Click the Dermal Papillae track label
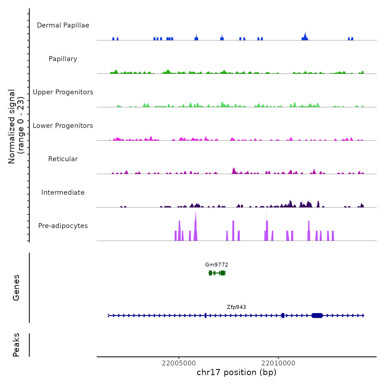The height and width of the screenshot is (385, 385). (63, 25)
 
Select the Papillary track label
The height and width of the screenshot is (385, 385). (63, 59)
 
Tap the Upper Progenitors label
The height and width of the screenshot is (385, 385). (63, 92)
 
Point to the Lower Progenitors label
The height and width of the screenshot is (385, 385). (63, 126)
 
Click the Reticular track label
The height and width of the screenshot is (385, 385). (63, 159)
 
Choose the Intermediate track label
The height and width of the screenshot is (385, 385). (63, 193)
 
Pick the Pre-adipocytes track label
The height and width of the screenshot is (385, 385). (63, 226)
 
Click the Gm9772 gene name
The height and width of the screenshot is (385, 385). (217, 265)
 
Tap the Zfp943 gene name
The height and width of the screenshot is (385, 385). (237, 307)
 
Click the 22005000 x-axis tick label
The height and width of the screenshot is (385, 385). (179, 363)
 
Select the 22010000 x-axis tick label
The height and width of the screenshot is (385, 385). (278, 363)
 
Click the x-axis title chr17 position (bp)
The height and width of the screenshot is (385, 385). (237, 372)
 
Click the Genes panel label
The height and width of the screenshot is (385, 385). (16, 288)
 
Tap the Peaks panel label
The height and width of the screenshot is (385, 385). (16, 345)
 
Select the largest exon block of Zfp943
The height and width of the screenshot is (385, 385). (317, 315)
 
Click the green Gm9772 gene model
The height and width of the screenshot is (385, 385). (217, 273)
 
